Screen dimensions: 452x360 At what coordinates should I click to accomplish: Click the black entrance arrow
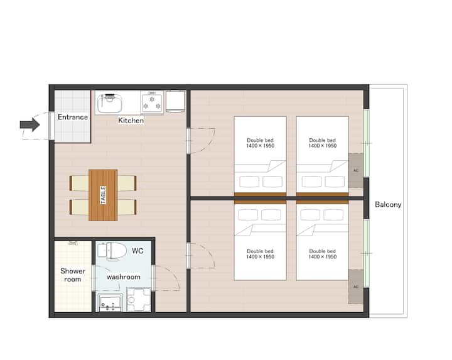tap(30, 124)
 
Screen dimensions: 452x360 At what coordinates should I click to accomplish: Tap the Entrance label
tap(73, 117)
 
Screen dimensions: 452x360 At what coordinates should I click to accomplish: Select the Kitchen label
tap(131, 120)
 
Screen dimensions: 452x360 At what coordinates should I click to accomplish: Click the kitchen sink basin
tap(109, 103)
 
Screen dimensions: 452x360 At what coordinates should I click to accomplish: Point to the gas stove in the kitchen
tap(152, 102)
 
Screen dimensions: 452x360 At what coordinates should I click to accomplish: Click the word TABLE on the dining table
tap(103, 195)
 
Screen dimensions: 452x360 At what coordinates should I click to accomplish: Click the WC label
tap(137, 251)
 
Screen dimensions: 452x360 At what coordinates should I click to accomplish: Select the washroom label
tap(124, 276)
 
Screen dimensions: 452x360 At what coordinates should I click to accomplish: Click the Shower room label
tap(73, 275)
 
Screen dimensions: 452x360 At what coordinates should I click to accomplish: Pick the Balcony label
tap(388, 205)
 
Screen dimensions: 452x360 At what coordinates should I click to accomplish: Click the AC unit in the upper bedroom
tap(356, 170)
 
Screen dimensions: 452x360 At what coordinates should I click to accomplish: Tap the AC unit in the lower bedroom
tap(356, 286)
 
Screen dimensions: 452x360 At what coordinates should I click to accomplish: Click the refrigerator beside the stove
tap(175, 101)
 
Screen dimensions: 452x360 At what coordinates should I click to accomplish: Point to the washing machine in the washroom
tap(139, 300)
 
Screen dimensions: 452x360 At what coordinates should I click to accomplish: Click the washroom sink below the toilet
tap(110, 303)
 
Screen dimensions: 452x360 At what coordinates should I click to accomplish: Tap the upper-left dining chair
tap(79, 183)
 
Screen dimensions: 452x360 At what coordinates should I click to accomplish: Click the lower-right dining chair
tap(127, 207)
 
